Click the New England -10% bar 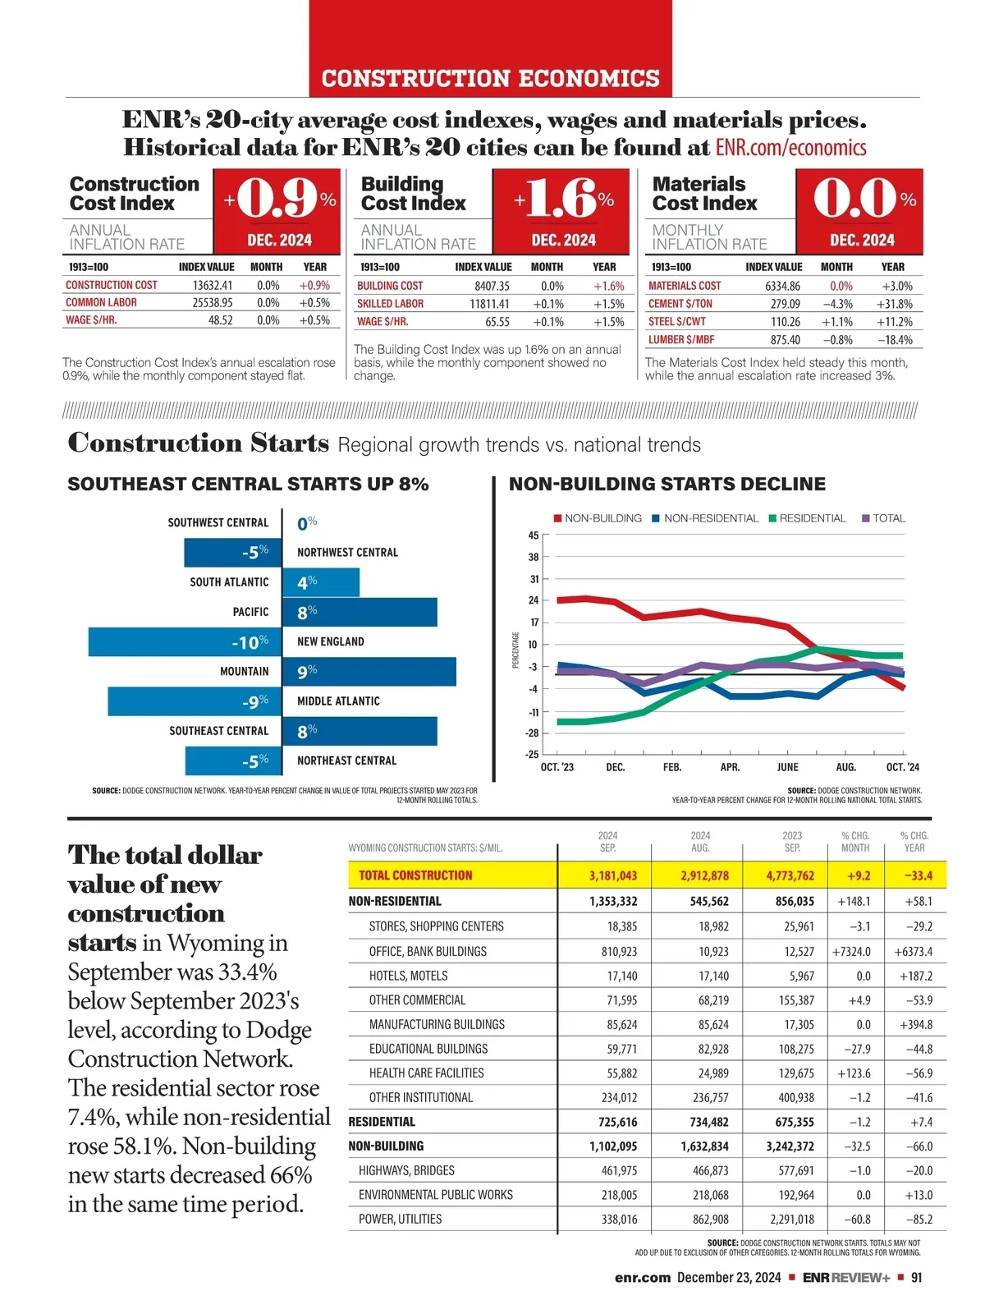coord(185,642)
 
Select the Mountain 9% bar coord(369,672)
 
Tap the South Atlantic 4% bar coord(321,582)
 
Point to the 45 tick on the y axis coord(534,535)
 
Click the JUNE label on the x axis coord(787,767)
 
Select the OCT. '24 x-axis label coord(902,767)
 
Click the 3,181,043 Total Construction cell coord(612,875)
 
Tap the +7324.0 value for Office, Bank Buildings coord(851,951)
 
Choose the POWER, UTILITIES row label coord(400,1219)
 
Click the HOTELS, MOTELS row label coord(408,976)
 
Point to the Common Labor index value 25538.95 coord(213,303)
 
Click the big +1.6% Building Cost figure coord(563,199)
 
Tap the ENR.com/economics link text coord(790,148)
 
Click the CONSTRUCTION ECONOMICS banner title coord(491,79)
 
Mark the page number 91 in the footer coord(916,1277)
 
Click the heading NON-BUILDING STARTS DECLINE coord(667,485)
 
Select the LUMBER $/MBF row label coord(681,340)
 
